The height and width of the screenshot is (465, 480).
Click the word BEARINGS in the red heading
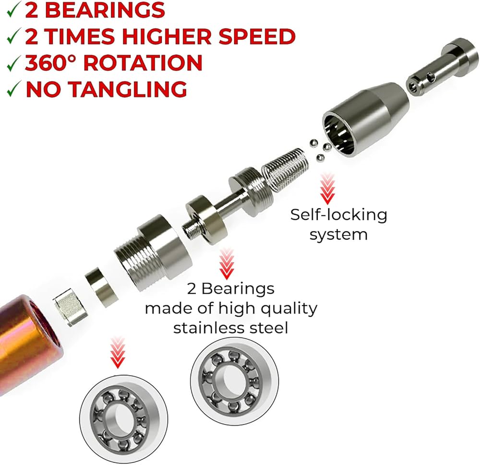(104, 10)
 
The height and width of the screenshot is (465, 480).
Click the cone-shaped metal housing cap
(365, 119)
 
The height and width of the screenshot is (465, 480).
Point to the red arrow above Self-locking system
(327, 188)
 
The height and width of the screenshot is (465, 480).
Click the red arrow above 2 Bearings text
(227, 264)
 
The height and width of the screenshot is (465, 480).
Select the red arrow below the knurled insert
(118, 352)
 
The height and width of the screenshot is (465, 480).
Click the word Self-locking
(338, 215)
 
